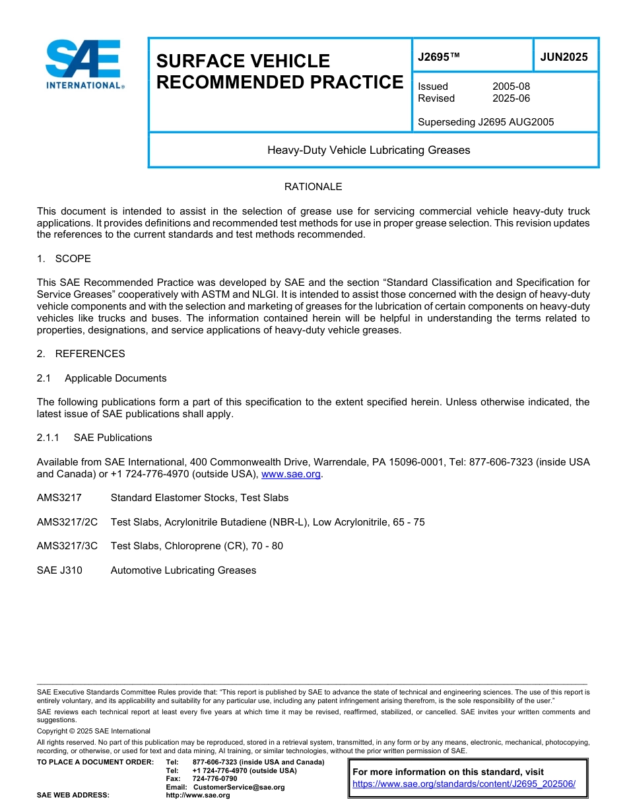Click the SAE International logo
coord(84,64)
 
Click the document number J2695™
coord(439,57)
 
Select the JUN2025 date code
coord(564,57)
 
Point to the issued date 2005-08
coord(511,86)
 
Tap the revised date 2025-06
coord(511,98)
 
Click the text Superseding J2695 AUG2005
coord(486,122)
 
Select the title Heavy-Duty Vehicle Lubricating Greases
coord(368,151)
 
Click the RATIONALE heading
coord(313,187)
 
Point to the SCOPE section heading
coord(73,259)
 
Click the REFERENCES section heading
coord(90,354)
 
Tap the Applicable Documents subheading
coord(115,378)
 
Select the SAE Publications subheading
coord(113,438)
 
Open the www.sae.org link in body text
coord(291,474)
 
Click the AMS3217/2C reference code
coord(67,522)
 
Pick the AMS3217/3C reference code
coord(67,546)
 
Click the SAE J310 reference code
coord(59,570)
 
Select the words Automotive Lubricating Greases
coord(183,570)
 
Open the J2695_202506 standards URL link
coord(464,784)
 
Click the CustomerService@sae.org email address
coord(238,787)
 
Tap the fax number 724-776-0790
coord(214,779)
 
